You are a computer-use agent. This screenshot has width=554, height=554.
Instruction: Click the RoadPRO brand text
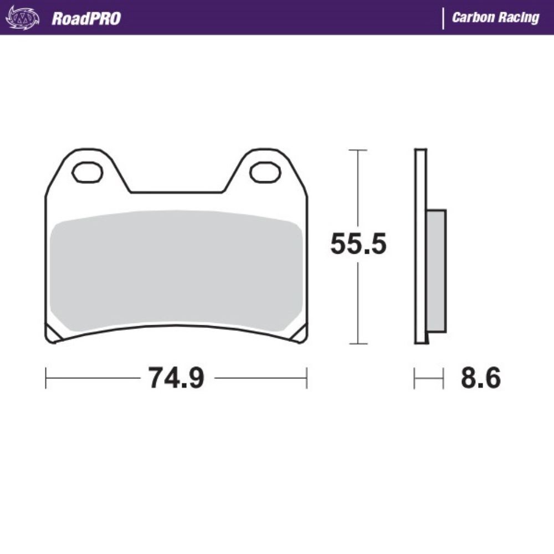pyautogui.click(x=86, y=18)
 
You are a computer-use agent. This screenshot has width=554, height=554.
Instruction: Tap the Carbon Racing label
pyautogui.click(x=495, y=18)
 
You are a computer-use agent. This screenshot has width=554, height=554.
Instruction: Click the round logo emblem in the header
pyautogui.click(x=22, y=18)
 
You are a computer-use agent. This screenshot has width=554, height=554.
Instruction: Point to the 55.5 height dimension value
pyautogui.click(x=357, y=244)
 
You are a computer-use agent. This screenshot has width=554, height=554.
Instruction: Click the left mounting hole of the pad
pyautogui.click(x=88, y=172)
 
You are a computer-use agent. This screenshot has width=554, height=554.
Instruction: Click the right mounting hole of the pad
pyautogui.click(x=265, y=172)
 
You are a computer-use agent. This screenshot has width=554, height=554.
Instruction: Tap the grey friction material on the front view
pyautogui.click(x=176, y=271)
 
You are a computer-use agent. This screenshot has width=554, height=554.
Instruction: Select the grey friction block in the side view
pyautogui.click(x=437, y=271)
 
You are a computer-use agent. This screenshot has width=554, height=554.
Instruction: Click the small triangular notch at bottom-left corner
pyautogui.click(x=54, y=334)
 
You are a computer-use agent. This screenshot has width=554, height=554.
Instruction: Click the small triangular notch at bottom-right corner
pyautogui.click(x=299, y=334)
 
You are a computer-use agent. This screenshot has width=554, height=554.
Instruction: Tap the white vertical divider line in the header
pyautogui.click(x=443, y=18)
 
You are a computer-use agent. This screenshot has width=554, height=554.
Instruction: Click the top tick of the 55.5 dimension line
pyautogui.click(x=358, y=150)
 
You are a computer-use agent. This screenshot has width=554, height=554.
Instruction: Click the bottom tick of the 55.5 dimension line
pyautogui.click(x=358, y=343)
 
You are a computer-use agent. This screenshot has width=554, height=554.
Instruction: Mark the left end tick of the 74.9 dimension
pyautogui.click(x=46, y=378)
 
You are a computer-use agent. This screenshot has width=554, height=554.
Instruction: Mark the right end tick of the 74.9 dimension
pyautogui.click(x=306, y=378)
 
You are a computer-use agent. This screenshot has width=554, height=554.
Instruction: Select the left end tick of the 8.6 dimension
pyautogui.click(x=415, y=378)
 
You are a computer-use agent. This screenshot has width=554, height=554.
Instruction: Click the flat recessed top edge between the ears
pyautogui.click(x=176, y=192)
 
